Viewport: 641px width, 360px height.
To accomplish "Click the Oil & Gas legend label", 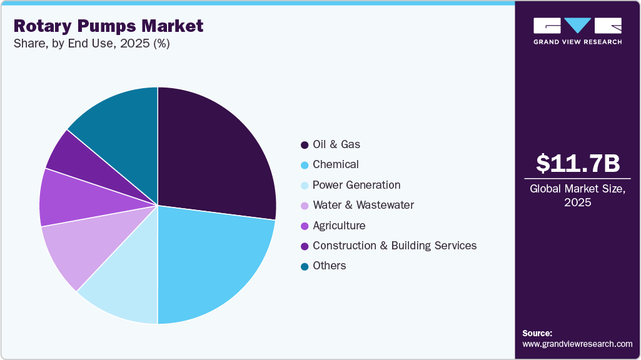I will [x=336, y=144].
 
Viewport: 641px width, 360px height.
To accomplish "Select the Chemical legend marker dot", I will [x=305, y=165].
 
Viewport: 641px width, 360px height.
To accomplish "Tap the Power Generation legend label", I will [x=356, y=185].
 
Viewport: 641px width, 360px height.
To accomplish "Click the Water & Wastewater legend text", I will [x=363, y=205].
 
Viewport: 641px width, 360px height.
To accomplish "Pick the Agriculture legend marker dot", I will [x=305, y=226].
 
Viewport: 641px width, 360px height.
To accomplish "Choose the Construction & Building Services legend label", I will [x=395, y=246].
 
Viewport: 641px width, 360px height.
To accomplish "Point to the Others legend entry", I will [x=329, y=266].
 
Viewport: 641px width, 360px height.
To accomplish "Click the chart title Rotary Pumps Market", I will [x=108, y=26].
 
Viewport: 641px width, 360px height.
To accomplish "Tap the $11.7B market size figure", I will [x=578, y=163].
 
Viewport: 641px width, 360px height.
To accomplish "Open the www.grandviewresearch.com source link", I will [x=577, y=344].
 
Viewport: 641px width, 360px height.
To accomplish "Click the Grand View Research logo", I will [x=577, y=31].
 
